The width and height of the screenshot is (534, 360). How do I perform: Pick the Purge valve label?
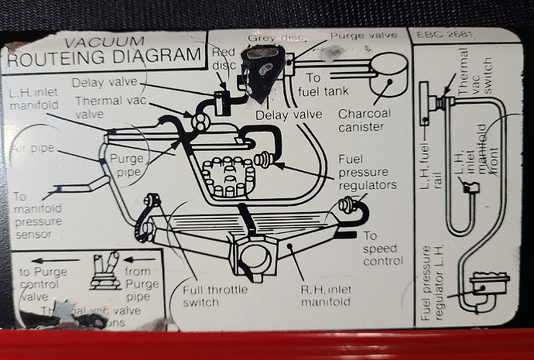363,35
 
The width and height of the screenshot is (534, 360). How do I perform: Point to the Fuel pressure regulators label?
367,172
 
